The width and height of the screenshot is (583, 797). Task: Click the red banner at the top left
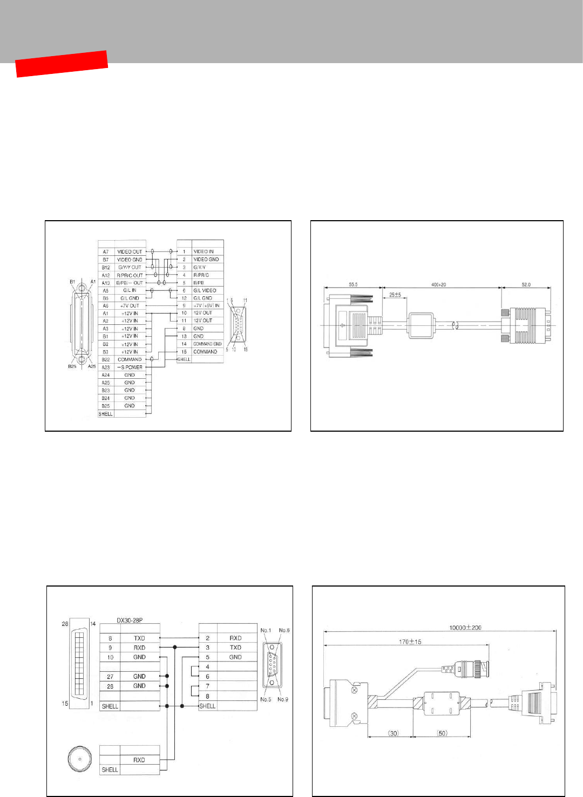(62, 64)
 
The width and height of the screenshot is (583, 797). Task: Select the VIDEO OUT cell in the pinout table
(130, 251)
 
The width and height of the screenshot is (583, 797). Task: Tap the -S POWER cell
(130, 367)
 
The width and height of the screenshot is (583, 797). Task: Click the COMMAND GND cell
(207, 344)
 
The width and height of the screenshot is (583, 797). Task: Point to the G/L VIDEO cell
(205, 290)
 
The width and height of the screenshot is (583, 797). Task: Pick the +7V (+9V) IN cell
(206, 305)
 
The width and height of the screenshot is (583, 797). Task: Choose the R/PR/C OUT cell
(130, 275)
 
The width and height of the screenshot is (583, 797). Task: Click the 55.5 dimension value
(353, 284)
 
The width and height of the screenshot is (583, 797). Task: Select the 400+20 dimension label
(438, 284)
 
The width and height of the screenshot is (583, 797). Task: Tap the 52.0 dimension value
(526, 284)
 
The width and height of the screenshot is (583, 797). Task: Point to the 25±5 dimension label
(395, 295)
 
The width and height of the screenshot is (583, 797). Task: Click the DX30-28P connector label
(130, 620)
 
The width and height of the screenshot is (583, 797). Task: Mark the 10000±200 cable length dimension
(465, 628)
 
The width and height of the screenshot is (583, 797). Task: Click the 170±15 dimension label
(410, 642)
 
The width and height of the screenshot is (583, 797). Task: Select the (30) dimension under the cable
(394, 733)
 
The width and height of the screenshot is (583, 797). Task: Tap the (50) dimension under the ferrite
(442, 733)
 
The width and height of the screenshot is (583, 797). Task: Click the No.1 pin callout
(266, 630)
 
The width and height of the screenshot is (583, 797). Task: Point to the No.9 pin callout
(283, 699)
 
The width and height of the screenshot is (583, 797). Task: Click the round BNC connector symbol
(80, 758)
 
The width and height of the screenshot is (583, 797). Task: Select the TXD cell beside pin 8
(139, 638)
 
